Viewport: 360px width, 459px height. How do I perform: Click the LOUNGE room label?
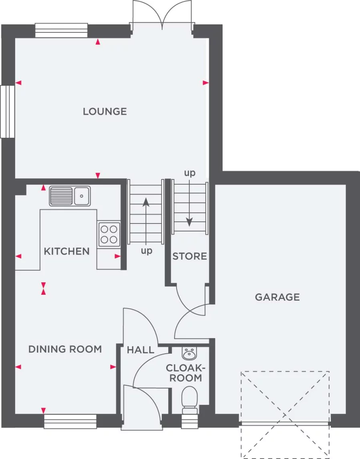[105, 111]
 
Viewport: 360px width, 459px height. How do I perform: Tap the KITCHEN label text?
[66, 252]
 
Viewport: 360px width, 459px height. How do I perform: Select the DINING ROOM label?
[65, 349]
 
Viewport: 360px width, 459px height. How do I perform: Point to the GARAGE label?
[278, 297]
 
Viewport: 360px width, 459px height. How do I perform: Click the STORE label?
[190, 256]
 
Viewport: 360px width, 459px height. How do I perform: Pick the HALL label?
[141, 350]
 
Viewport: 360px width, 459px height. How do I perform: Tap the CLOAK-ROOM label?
[185, 372]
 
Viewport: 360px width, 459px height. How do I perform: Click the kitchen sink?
[70, 196]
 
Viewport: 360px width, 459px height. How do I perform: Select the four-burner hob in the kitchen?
[109, 234]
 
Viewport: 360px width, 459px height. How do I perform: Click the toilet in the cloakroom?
[189, 400]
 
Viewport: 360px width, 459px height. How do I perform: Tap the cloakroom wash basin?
[190, 353]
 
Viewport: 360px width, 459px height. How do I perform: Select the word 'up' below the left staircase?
[147, 251]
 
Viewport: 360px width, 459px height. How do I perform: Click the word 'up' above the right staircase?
[190, 173]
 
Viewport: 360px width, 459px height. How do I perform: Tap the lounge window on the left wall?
[8, 111]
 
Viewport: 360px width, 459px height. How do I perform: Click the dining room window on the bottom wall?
[70, 421]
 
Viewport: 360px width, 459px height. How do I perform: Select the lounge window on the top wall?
[61, 30]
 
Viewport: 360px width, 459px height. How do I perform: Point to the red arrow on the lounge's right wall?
[206, 83]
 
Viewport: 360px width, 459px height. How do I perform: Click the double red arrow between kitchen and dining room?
[43, 288]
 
